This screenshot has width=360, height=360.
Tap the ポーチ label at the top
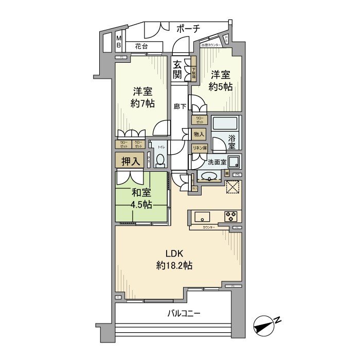(x=188, y=29)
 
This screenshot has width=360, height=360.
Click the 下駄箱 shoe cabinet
(x=193, y=73)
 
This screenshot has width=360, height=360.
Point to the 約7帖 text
(x=142, y=104)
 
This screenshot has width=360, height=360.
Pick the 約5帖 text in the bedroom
(x=221, y=87)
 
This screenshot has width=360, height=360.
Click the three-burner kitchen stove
(x=229, y=215)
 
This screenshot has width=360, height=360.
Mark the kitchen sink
(x=201, y=215)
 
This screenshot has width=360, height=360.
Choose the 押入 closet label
(x=130, y=161)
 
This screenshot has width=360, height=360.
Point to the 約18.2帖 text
(x=174, y=265)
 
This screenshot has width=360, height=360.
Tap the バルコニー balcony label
(x=183, y=313)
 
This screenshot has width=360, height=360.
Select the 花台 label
(x=141, y=46)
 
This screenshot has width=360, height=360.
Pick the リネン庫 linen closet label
(x=199, y=148)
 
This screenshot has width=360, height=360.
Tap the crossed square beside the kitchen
(x=232, y=187)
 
